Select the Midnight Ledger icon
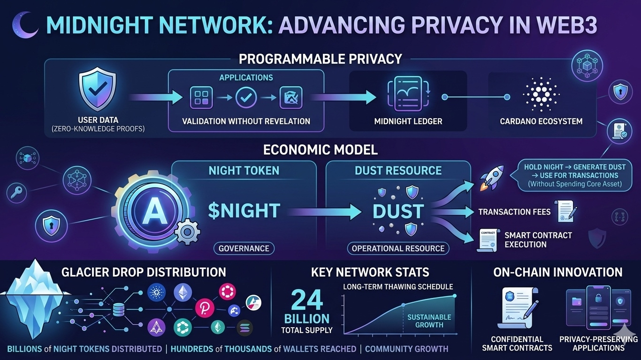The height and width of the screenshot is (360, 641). (x=408, y=96)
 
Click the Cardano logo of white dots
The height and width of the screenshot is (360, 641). (x=541, y=94)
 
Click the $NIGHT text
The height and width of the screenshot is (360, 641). (x=244, y=211)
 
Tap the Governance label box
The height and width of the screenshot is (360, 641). (x=244, y=248)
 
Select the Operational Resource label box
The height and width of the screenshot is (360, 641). (x=398, y=248)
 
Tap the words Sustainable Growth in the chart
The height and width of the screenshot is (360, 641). (x=429, y=321)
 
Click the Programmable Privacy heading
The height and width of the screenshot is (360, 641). (x=320, y=59)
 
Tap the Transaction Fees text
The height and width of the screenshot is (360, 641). (x=514, y=212)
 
